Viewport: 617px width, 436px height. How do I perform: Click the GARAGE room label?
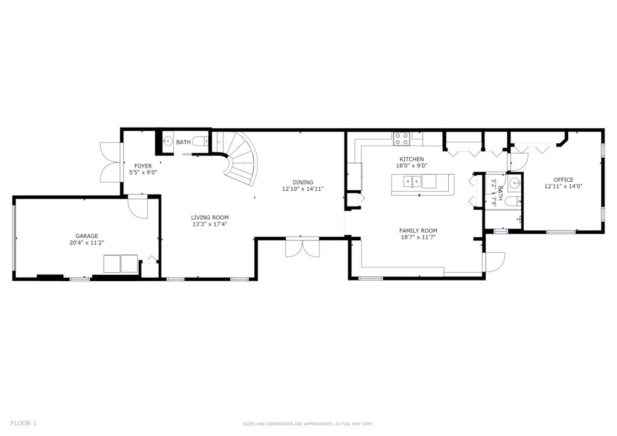point(87,236)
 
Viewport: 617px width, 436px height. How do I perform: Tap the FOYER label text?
point(143,166)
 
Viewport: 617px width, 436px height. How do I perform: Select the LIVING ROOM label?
point(210,217)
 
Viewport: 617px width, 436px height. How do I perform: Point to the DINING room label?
point(302,182)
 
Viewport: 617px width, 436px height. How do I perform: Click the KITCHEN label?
point(412,159)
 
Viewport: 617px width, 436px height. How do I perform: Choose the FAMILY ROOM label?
point(418,231)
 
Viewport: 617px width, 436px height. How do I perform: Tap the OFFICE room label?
point(563,180)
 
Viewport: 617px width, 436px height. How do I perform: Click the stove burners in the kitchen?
point(401,139)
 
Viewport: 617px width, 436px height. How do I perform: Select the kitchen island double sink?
point(412,182)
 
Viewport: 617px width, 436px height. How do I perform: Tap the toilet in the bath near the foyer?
point(201,142)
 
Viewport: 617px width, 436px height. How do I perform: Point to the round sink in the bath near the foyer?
point(168,141)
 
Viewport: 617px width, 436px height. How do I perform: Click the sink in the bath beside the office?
point(515,184)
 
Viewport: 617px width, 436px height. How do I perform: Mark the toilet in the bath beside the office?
point(513,202)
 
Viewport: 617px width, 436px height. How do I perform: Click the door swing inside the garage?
point(138,207)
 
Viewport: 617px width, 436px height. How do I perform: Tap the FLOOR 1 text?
point(23,423)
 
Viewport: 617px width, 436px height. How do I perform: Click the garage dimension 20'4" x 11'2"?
point(87,243)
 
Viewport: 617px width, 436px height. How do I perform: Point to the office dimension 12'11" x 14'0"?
point(563,187)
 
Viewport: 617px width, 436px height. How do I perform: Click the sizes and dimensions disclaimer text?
point(308,424)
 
